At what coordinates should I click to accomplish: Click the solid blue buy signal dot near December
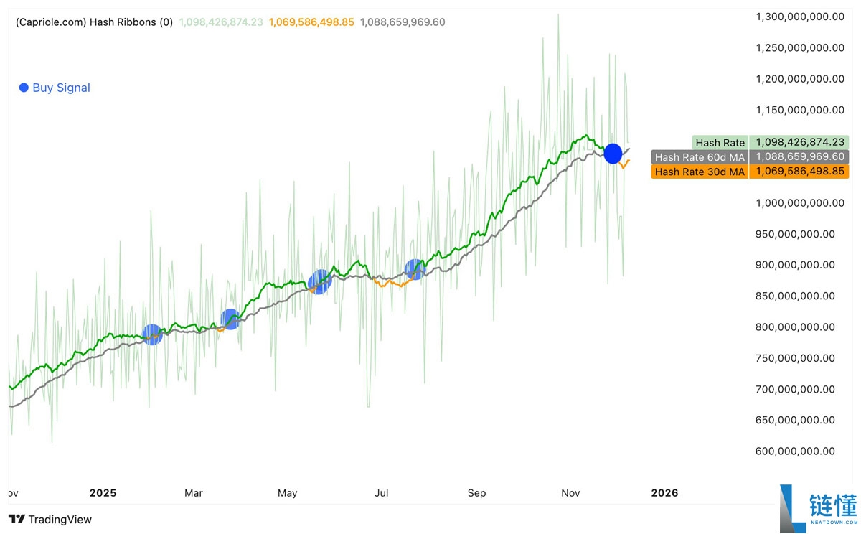613,153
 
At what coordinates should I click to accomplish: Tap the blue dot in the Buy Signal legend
24,88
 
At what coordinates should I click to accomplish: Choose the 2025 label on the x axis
103,493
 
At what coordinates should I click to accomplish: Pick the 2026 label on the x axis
664,493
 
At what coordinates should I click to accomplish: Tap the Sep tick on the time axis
476,493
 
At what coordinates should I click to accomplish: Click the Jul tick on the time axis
382,493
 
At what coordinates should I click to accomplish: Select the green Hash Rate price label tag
720,143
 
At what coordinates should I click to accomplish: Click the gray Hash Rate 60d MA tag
700,157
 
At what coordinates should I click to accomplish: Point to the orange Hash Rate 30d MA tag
700,172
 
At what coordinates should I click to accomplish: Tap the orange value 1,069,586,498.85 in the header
311,22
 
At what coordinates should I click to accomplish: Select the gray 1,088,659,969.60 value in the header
403,22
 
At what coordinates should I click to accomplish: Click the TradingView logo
50,519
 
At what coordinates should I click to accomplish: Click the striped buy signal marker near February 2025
152,334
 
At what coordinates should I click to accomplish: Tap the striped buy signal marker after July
415,269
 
